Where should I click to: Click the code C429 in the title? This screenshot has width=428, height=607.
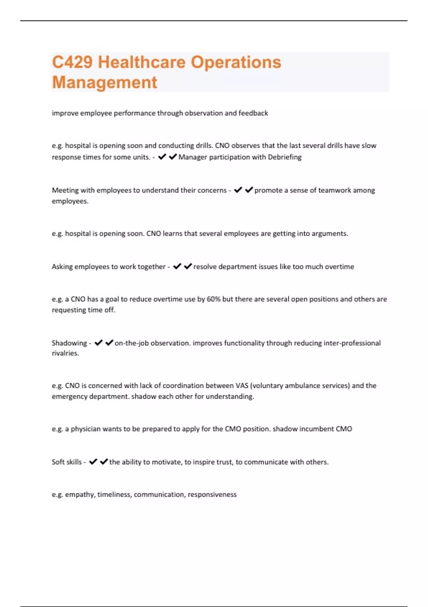coord(72,62)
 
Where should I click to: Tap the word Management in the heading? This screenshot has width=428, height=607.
coord(105,82)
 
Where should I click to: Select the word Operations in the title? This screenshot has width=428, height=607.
coord(236,62)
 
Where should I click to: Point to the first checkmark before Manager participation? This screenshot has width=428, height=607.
coord(162,157)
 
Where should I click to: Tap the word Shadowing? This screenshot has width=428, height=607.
coord(69,343)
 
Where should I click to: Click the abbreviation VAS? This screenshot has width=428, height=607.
coord(242,386)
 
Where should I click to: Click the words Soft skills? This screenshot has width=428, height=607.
coord(67,462)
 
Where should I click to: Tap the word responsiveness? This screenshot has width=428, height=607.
coord(212,495)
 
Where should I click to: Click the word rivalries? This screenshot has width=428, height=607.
coord(65,353)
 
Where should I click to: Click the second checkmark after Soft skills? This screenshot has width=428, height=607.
coord(104,462)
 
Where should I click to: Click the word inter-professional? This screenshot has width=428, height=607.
coord(352,343)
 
